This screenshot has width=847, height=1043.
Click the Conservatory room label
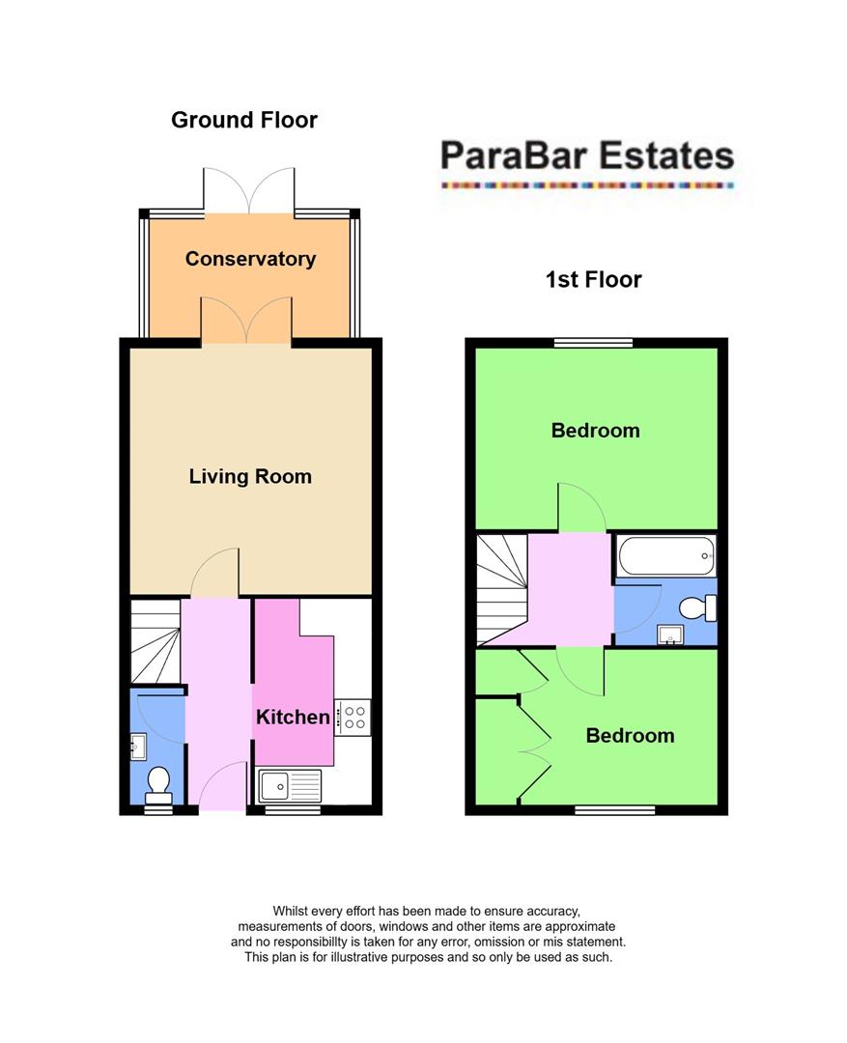[250, 259]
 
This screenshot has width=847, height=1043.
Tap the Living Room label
[250, 476]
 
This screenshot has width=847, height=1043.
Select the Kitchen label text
[293, 717]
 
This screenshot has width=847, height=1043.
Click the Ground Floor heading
[244, 120]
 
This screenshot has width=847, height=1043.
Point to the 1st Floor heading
[593, 280]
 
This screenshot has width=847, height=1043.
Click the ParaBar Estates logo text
[586, 155]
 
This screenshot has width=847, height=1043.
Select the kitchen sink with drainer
[289, 785]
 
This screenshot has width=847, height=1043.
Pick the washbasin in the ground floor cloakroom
[138, 746]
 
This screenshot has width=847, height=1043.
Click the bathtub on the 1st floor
[665, 556]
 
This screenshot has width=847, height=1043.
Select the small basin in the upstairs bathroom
[670, 634]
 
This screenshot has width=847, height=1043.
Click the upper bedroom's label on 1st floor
[595, 430]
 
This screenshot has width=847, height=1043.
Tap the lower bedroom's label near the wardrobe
[630, 736]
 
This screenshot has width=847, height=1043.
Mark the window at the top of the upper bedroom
[593, 342]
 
